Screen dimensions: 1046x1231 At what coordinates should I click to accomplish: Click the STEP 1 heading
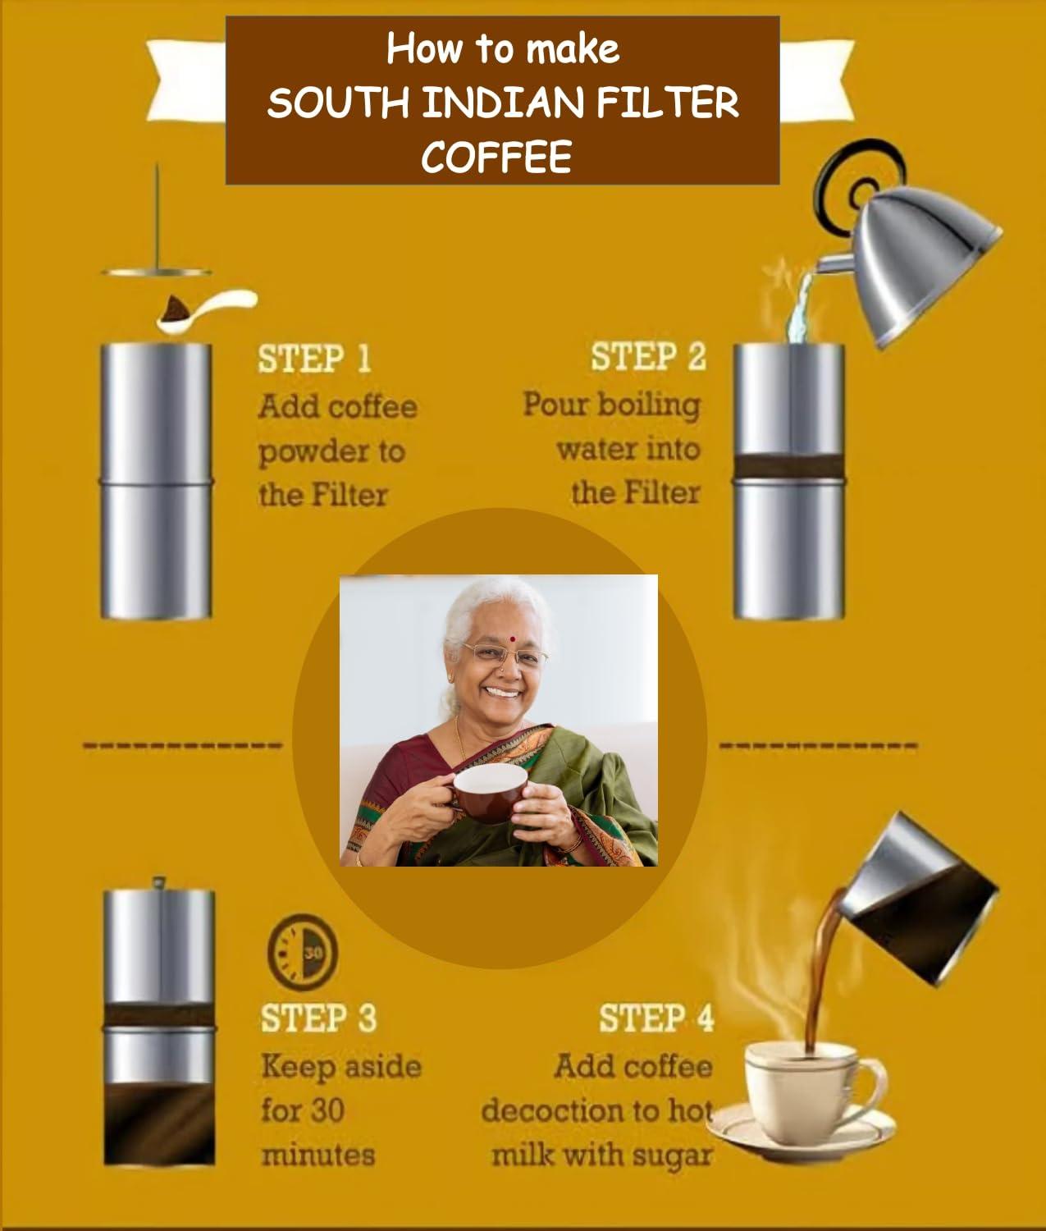[x=315, y=359]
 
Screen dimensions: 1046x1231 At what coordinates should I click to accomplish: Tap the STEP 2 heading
[x=648, y=357]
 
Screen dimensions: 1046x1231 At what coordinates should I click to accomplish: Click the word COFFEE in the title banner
[x=497, y=157]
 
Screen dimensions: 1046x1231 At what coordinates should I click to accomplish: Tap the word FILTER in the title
[x=667, y=103]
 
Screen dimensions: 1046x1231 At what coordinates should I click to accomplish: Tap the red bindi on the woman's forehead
[x=512, y=639]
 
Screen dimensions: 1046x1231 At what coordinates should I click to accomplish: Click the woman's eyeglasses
[x=505, y=656]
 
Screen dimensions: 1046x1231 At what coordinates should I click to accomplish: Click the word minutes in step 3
[x=318, y=1155]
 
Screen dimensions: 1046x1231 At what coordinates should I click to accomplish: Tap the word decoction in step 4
[x=555, y=1111]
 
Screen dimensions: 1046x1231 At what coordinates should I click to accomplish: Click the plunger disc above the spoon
[x=157, y=272]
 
